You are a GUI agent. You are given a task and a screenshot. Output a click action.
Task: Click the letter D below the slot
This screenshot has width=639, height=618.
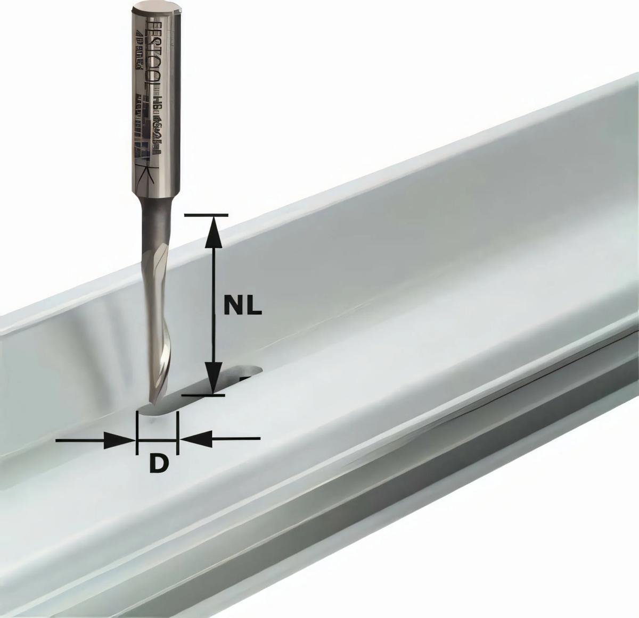pos(158,464)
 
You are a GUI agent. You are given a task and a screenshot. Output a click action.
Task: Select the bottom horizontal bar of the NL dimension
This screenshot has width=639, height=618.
pos(203,395)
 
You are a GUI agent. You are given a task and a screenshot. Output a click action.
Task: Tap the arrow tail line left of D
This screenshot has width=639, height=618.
pos(80,440)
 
